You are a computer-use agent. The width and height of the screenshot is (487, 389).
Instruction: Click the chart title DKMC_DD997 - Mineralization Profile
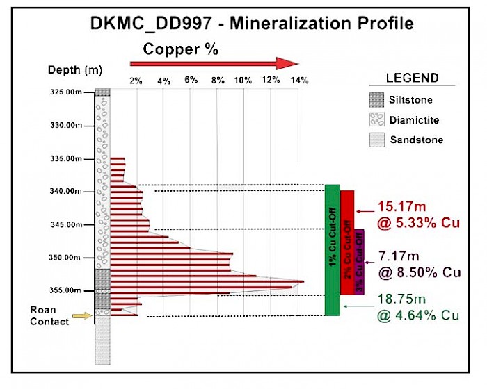(252, 23)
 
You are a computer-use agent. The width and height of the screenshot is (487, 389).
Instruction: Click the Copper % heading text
(181, 49)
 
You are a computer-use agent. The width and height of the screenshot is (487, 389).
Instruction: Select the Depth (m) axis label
(75, 70)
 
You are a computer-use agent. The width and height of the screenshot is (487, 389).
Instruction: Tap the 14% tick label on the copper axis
(299, 81)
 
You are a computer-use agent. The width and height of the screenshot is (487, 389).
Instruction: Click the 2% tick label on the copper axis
(136, 81)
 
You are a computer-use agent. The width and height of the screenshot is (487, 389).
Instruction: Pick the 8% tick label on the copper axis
(218, 81)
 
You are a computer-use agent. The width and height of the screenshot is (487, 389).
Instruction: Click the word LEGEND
(413, 78)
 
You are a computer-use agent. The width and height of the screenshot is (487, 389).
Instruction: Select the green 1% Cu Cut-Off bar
(332, 250)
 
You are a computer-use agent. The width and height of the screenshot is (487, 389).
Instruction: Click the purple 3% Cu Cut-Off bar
(359, 262)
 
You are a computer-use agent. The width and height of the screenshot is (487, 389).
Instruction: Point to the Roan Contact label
(49, 316)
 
